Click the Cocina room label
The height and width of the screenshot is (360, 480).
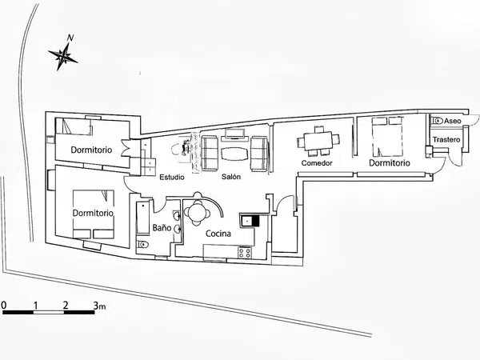(218, 234)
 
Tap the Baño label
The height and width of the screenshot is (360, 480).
(162, 228)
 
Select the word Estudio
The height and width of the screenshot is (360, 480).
(172, 177)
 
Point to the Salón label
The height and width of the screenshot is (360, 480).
(231, 177)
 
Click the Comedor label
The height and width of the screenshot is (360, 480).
(317, 163)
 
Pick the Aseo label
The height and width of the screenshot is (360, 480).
(453, 121)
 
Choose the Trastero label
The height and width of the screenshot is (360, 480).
(446, 139)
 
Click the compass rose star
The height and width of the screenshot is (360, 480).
(63, 56)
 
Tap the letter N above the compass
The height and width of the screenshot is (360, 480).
(70, 38)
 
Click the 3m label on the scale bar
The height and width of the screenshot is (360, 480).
(99, 306)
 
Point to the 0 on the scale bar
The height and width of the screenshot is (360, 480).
(4, 305)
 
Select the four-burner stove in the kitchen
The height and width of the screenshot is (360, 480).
(245, 253)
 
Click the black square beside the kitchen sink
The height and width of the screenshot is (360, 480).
(254, 221)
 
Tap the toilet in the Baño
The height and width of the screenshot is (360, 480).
(142, 245)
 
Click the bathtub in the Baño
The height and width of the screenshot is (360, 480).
(142, 217)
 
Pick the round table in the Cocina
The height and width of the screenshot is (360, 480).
(196, 212)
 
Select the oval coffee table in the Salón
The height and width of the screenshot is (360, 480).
(234, 154)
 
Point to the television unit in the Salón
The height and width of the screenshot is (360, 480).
(234, 134)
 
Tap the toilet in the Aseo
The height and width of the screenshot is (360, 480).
(437, 121)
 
